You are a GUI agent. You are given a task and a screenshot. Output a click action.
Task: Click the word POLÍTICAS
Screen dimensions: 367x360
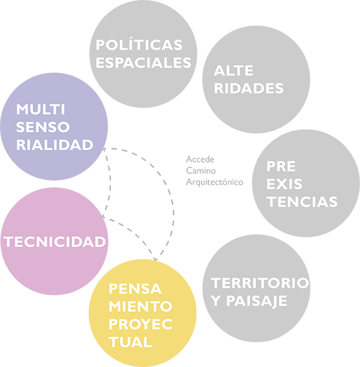(139, 46)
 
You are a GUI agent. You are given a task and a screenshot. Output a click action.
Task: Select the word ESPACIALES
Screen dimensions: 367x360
(143, 62)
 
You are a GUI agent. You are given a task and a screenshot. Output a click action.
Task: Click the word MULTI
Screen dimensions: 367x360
(41, 110)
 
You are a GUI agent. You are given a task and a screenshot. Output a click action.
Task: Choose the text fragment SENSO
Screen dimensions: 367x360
(43, 127)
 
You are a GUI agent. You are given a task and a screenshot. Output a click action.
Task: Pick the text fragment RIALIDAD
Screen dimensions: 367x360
(55, 145)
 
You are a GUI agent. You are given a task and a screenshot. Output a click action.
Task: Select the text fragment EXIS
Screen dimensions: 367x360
(285, 183)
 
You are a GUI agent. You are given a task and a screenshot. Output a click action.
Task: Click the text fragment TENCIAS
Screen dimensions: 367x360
(302, 201)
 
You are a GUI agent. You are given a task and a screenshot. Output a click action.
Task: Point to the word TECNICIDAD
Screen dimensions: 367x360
(55, 242)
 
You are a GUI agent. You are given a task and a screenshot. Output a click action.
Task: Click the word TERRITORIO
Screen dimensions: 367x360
(260, 282)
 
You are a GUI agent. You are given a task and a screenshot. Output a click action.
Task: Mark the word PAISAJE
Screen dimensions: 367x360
(263, 300)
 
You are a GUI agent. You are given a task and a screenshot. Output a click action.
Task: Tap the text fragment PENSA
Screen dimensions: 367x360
(134, 288)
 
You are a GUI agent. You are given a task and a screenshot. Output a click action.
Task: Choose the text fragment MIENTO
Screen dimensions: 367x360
(139, 306)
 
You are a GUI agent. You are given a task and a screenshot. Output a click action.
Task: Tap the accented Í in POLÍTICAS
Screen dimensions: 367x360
(131, 45)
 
